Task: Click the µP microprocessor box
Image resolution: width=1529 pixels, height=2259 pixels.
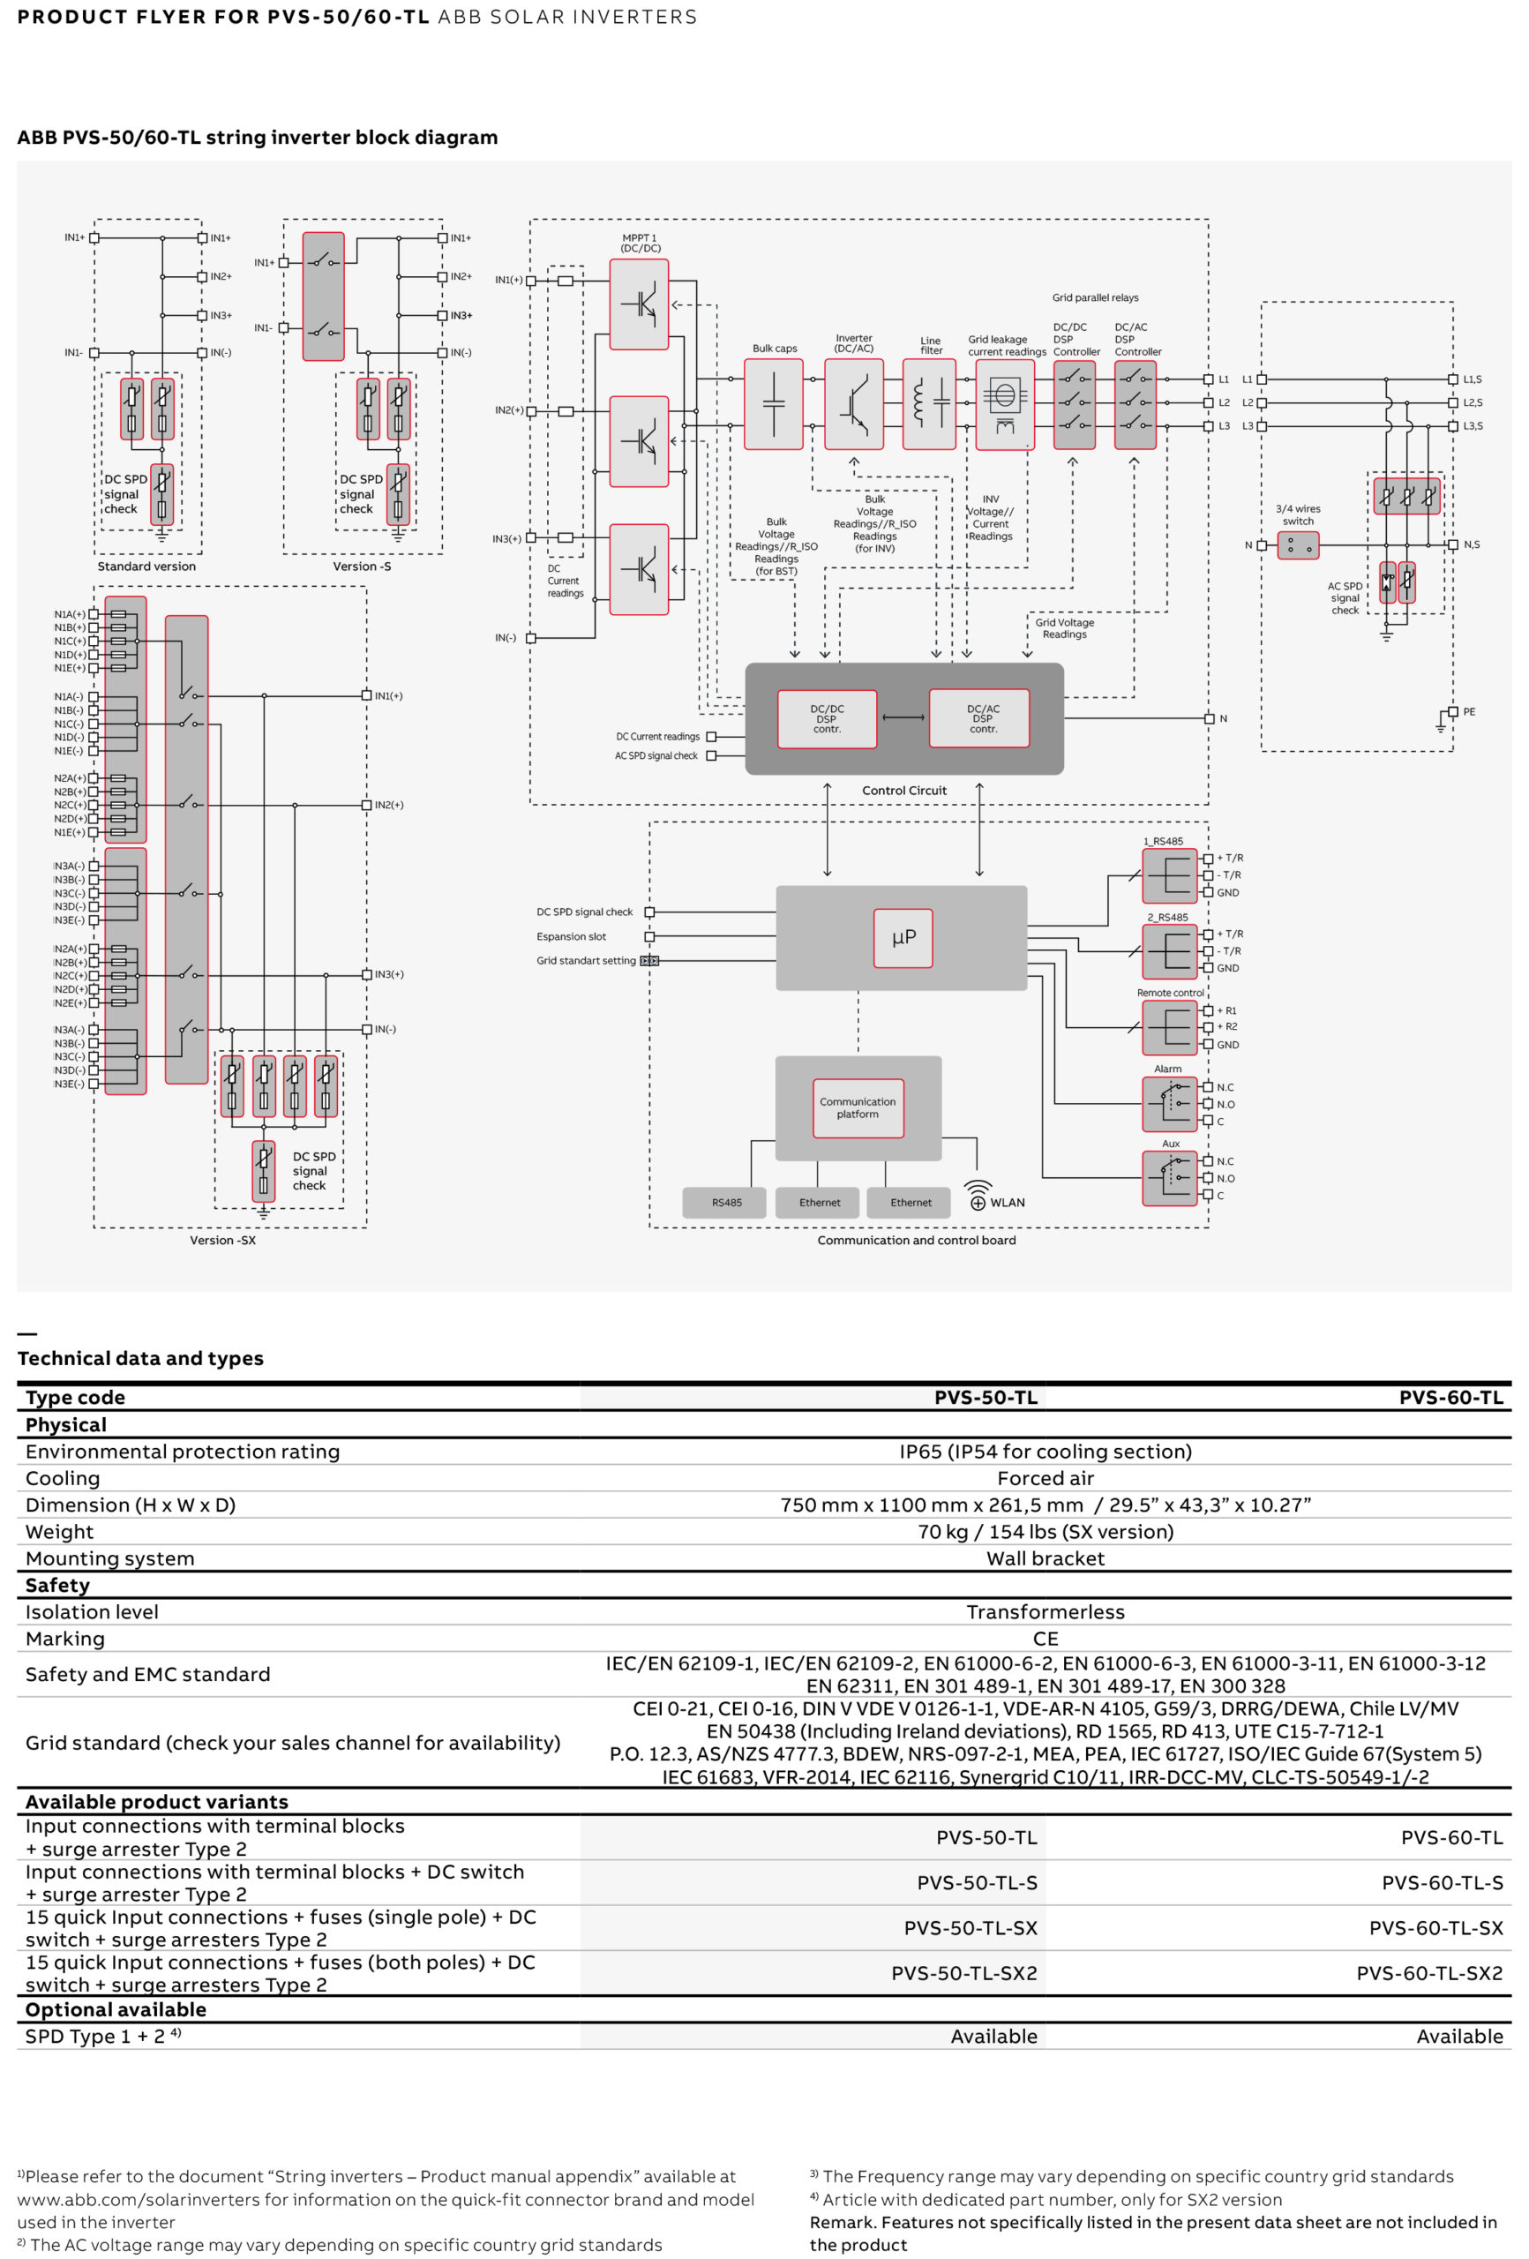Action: (x=902, y=938)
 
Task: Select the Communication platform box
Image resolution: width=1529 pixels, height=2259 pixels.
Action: (x=858, y=1108)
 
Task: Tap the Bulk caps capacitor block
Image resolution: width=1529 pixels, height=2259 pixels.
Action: (x=773, y=404)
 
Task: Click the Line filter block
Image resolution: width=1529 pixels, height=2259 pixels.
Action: (x=929, y=404)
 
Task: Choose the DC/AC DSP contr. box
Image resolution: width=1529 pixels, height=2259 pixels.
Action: (x=978, y=718)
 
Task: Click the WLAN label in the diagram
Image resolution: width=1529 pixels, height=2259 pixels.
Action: (x=1007, y=1203)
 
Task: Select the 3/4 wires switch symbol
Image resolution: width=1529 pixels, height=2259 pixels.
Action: (x=1298, y=545)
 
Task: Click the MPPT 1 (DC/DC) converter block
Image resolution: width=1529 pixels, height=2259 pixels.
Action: (x=639, y=304)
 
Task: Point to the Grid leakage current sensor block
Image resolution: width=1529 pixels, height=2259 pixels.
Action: (x=1004, y=404)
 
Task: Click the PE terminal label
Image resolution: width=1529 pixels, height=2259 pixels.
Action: (x=1469, y=711)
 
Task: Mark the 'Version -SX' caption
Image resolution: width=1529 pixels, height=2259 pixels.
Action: (x=222, y=1241)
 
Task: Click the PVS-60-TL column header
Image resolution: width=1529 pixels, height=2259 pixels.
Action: (x=1450, y=1398)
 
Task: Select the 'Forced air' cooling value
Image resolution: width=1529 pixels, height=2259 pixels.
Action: (x=1045, y=1478)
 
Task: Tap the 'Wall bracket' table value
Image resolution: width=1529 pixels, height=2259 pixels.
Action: (x=1045, y=1559)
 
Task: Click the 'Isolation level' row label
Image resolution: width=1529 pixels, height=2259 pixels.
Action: (x=92, y=1612)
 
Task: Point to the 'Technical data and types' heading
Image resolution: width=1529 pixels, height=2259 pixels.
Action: (x=140, y=1359)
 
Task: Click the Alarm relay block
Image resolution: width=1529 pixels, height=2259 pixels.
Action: (x=1169, y=1104)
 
